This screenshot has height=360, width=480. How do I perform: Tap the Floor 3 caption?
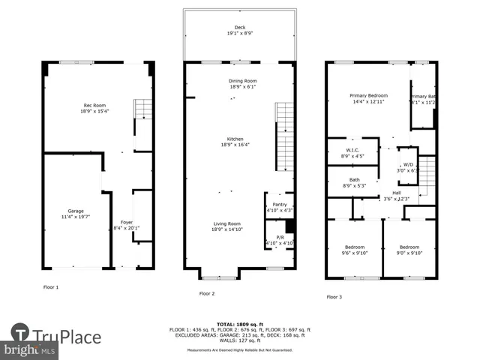334,297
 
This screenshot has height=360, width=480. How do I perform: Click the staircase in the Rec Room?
142,109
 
